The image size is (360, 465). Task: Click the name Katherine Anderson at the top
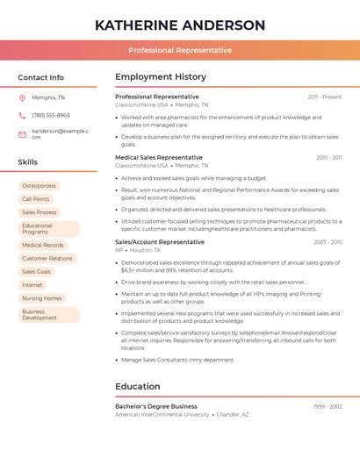[179, 25]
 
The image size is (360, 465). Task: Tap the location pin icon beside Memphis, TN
[22, 97]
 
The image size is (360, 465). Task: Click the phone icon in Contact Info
[22, 115]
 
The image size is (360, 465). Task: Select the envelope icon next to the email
[22, 134]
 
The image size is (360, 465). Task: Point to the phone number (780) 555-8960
[51, 115]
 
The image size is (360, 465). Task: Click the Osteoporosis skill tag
[39, 186]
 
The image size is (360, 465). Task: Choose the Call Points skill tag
[36, 199]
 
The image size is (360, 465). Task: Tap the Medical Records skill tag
[43, 246]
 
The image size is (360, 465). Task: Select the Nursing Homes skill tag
[42, 298]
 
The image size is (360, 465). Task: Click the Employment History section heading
[161, 77]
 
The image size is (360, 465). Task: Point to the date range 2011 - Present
[325, 97]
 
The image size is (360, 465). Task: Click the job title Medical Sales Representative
[159, 157]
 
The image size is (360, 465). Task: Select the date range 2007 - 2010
[328, 241]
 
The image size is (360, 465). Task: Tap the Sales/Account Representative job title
[160, 241]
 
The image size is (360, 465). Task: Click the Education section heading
[138, 386]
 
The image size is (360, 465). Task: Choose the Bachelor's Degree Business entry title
[156, 406]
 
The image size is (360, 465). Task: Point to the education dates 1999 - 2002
[328, 406]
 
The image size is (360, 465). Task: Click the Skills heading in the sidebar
[28, 162]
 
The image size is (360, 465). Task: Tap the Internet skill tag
[32, 285]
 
